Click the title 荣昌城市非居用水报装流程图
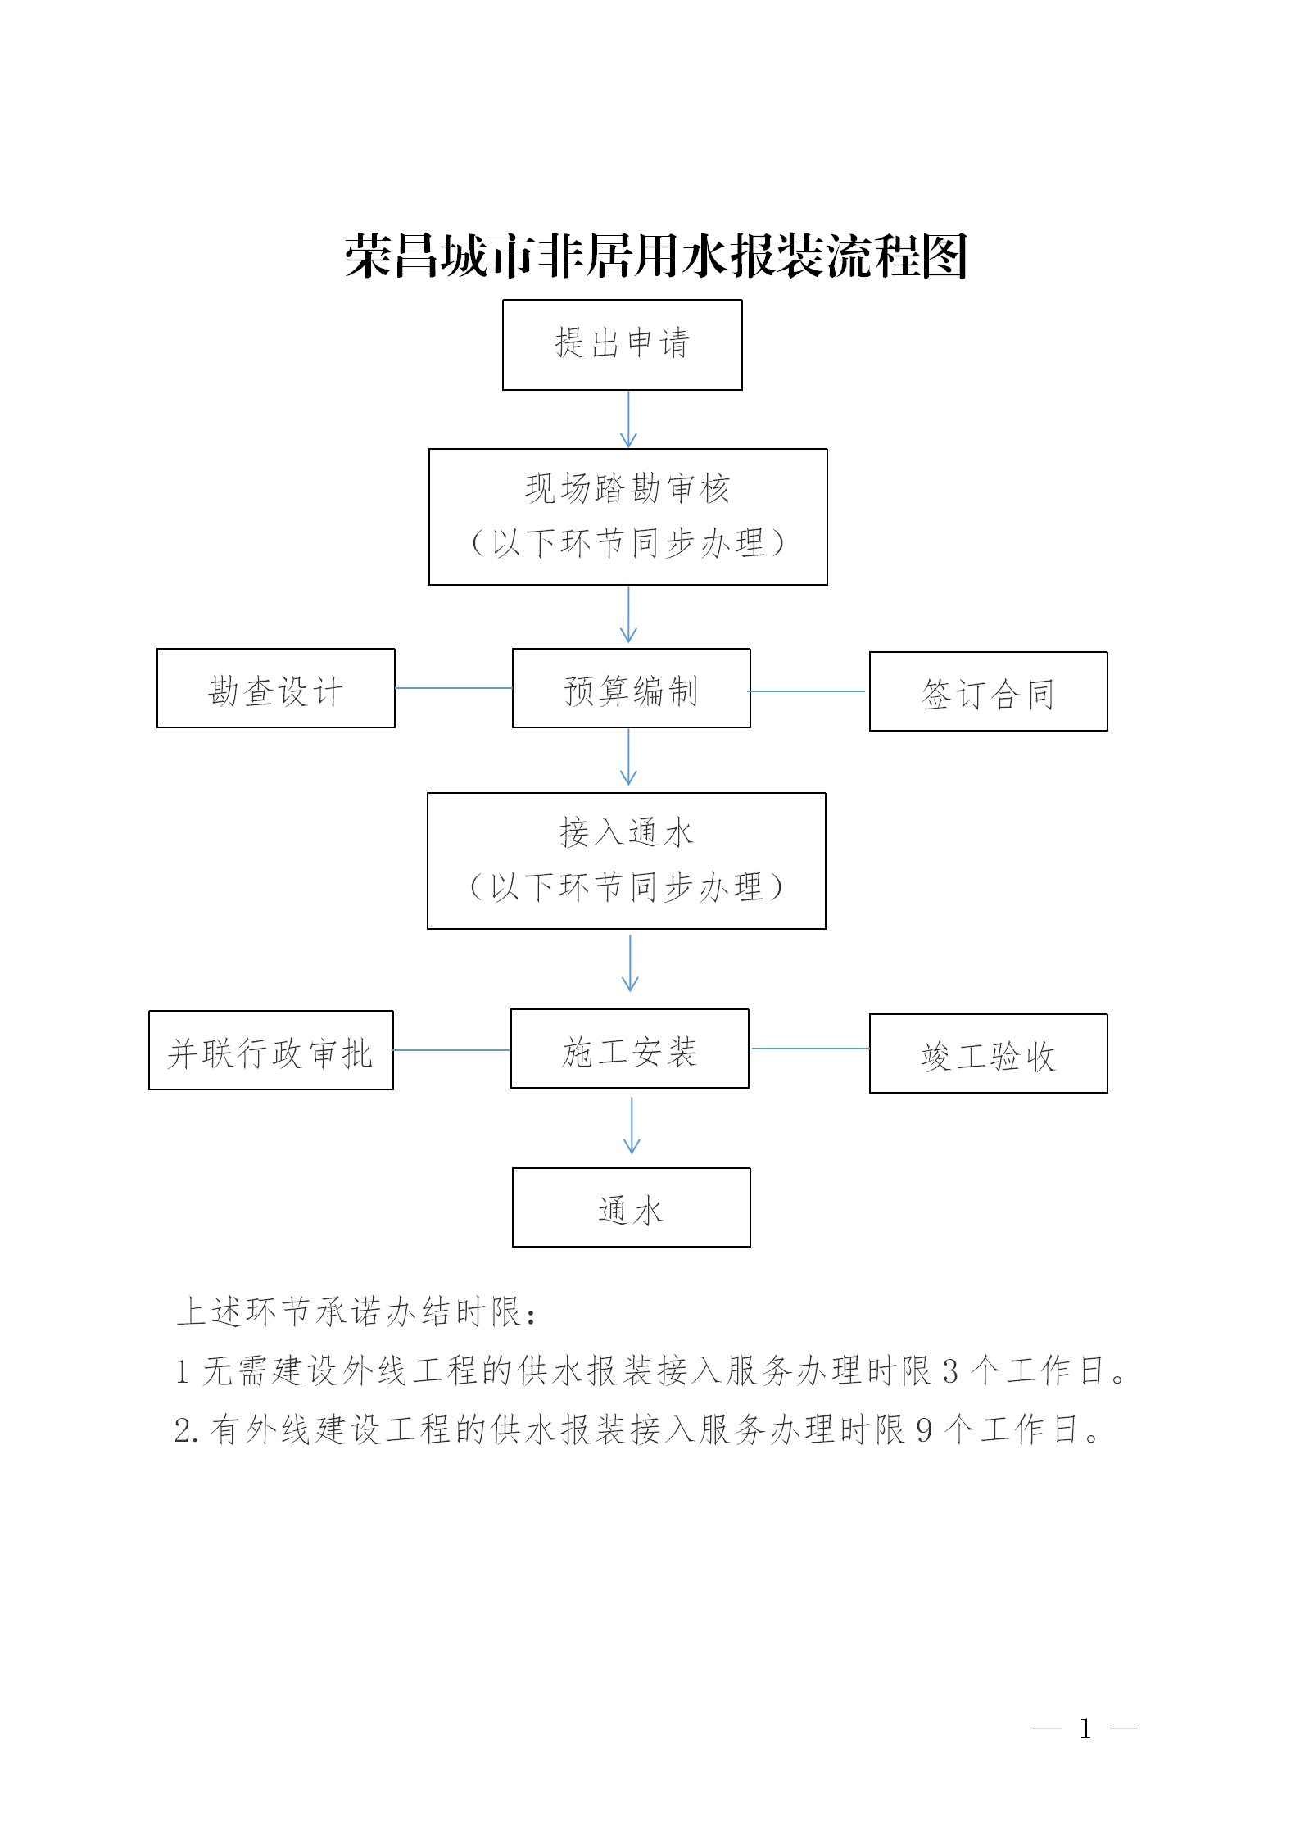(656, 256)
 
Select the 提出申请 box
(623, 345)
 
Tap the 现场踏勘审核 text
(627, 489)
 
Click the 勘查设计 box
(276, 688)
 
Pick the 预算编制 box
(632, 688)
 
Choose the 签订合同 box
(989, 691)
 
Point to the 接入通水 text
(627, 833)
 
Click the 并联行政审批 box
(271, 1050)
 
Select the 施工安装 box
(630, 1049)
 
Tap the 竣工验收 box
(989, 1053)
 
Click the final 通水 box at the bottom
(632, 1207)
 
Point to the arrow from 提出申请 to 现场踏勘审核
(628, 419)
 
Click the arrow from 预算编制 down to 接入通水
(628, 757)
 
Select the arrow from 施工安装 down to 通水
(632, 1126)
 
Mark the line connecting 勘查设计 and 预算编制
(454, 688)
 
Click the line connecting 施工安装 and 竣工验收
(810, 1049)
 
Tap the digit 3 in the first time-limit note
(950, 1371)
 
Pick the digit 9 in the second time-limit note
(924, 1430)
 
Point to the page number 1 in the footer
(1085, 1728)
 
